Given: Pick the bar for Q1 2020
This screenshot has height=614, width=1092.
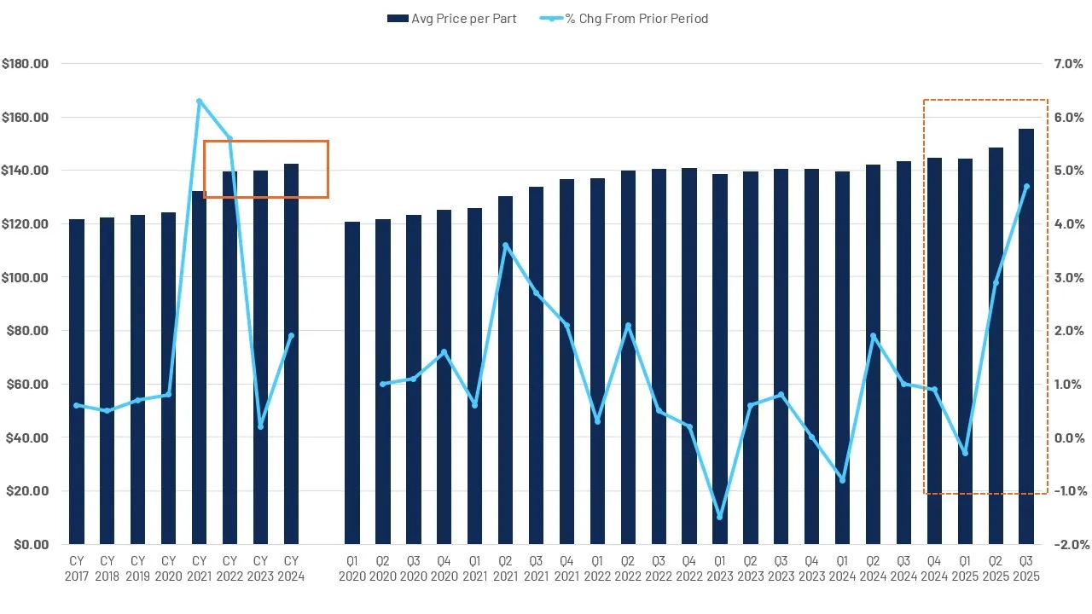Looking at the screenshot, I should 352,383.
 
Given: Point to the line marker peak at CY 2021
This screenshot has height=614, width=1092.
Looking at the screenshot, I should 199,101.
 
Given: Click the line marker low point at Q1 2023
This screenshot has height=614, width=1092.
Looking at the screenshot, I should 719,517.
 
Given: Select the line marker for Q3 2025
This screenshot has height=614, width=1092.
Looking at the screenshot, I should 1026,187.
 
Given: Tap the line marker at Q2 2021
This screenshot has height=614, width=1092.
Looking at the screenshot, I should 505,246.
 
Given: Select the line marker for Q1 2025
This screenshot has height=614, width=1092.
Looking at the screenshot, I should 965,453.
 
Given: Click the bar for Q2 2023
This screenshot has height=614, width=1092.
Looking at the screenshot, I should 750,358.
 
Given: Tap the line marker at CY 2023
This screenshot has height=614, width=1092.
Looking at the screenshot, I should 260,426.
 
